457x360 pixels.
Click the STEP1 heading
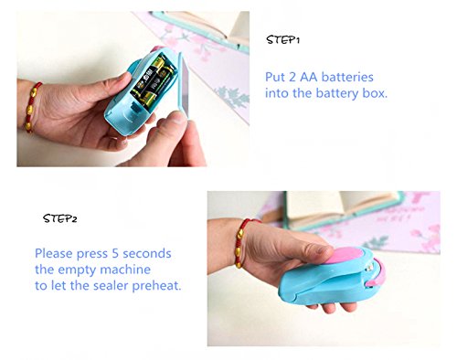tap(283, 39)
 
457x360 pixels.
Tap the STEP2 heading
tap(60, 218)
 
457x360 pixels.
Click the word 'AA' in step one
tap(309, 77)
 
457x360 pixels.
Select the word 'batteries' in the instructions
tap(347, 77)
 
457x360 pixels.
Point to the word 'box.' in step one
tap(375, 93)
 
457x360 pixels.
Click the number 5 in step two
tap(115, 253)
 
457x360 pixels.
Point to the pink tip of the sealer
tap(377, 273)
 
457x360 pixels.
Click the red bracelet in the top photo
tap(32, 107)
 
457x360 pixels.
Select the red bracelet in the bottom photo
tap(244, 243)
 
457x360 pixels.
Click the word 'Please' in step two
tap(54, 254)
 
